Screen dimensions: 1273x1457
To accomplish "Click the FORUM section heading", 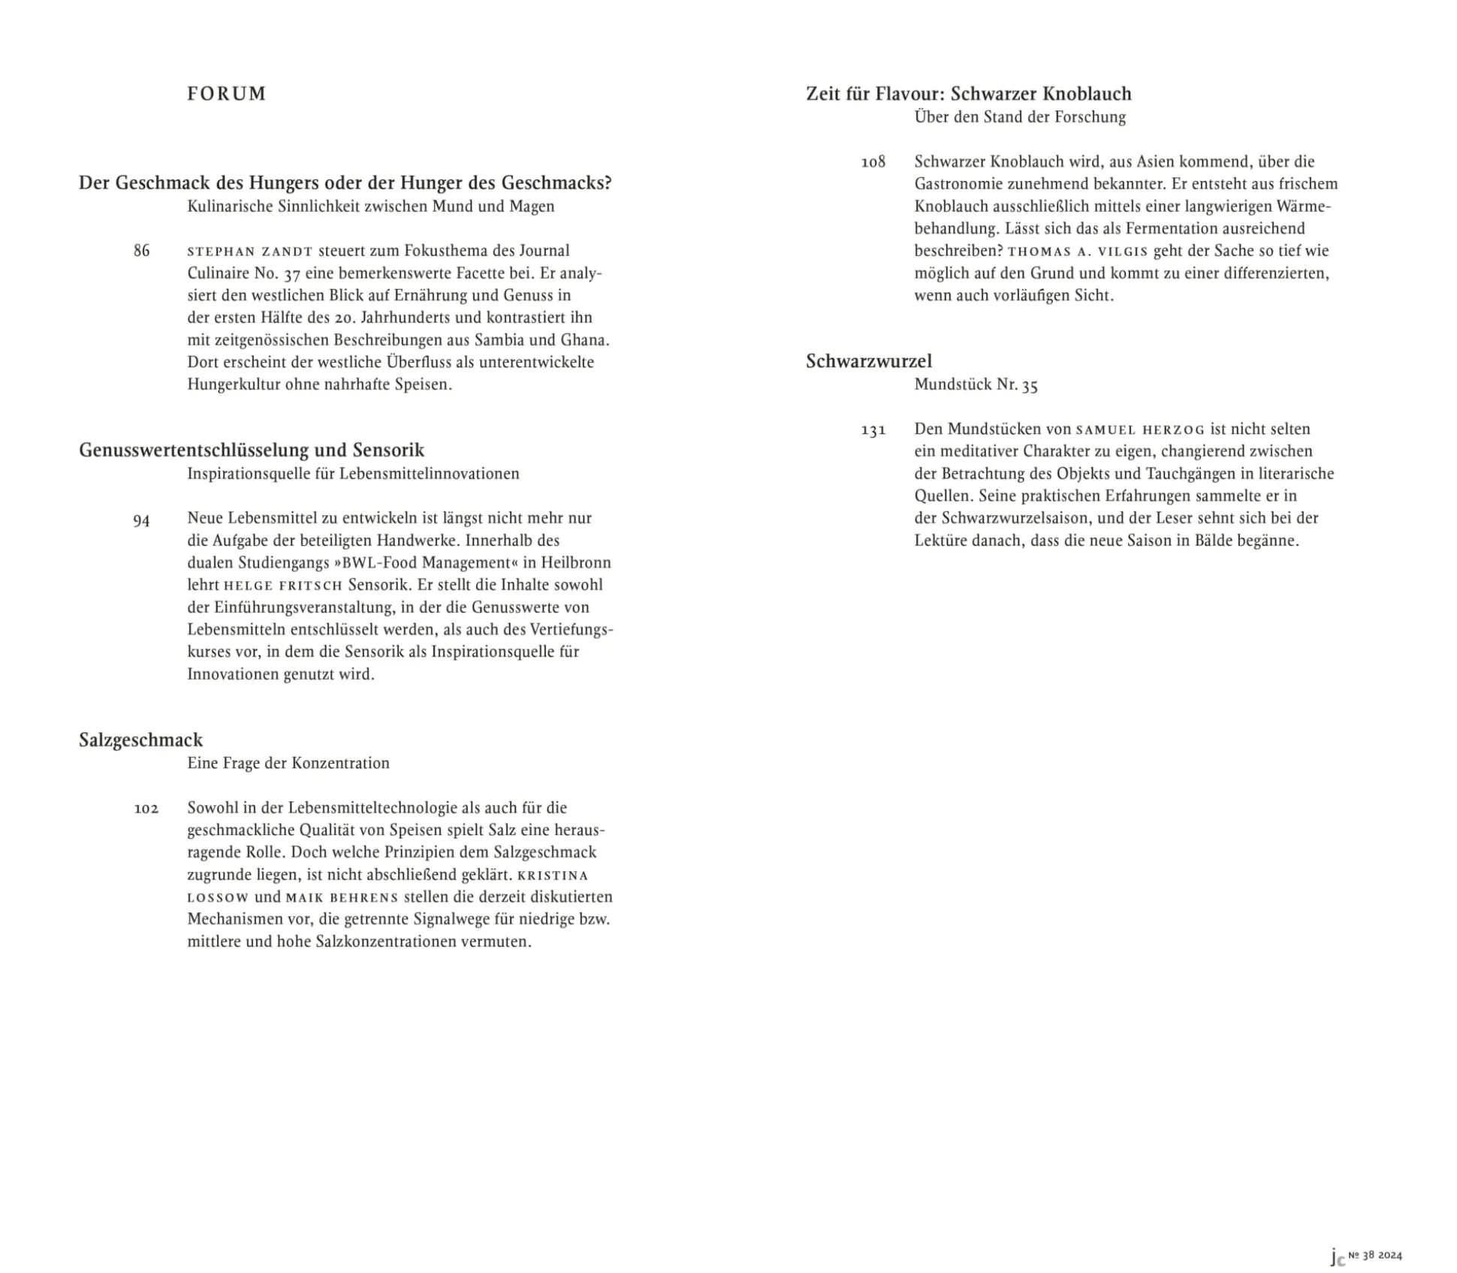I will point(226,94).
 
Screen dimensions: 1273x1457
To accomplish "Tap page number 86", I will point(141,251).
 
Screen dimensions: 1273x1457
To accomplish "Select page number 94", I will point(141,520).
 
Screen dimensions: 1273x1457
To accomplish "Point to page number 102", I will point(146,809).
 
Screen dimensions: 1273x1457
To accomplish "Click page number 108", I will point(873,162).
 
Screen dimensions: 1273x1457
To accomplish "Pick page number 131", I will point(873,430).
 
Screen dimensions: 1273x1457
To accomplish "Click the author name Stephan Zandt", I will point(249,252).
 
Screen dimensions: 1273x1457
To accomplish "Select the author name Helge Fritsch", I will point(283,586).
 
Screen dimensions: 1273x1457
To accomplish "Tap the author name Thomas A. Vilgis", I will point(1078,252).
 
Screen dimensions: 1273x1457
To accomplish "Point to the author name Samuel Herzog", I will point(1140,430).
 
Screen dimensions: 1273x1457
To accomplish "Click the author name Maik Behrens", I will point(342,897).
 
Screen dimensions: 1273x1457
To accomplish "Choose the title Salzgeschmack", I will point(141,740).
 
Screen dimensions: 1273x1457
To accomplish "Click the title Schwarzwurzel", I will point(868,361).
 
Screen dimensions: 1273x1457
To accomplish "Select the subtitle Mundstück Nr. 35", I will point(976,385).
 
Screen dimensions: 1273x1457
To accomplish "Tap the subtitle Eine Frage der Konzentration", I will point(288,763).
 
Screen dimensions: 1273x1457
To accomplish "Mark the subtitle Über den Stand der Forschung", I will point(1020,117).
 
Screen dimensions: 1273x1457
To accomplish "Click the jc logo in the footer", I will point(1337,1256).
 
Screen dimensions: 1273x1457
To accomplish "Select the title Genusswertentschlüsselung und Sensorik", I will point(252,450).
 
